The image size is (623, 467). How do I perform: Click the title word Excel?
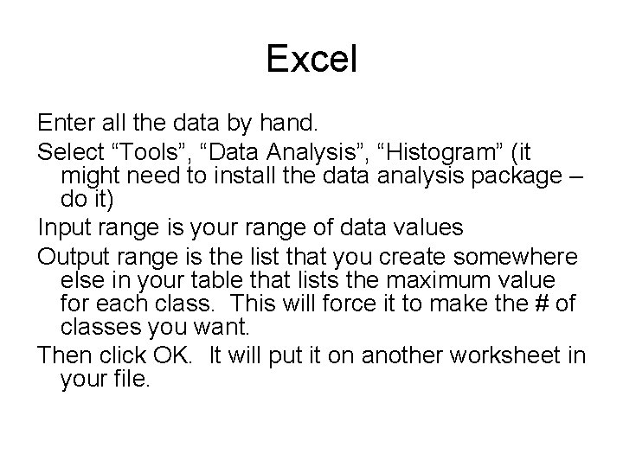point(311,60)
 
